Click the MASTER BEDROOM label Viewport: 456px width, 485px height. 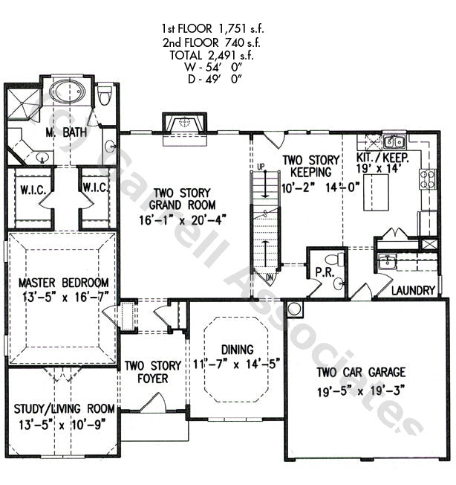pos(64,283)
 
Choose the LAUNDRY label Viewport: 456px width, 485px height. pos(412,290)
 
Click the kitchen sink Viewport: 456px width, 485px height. pos(393,141)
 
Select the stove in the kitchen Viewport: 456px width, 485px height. pos(427,179)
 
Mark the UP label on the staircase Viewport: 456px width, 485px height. pos(261,165)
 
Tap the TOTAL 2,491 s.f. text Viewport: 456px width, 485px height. pos(213,55)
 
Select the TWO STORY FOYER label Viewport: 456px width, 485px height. pos(152,371)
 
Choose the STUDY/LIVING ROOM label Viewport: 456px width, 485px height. pos(64,409)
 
